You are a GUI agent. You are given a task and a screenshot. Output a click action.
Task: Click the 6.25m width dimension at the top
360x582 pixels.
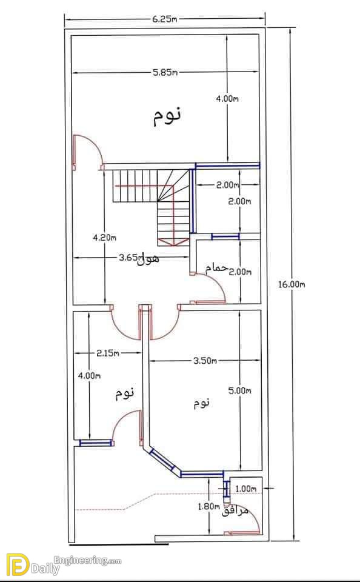[164, 19]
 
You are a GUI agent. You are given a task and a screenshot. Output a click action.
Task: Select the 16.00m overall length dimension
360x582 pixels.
[292, 285]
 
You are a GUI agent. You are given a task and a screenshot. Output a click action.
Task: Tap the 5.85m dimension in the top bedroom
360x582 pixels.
[165, 72]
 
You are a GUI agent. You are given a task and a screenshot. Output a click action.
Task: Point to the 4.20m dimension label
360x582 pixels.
[104, 238]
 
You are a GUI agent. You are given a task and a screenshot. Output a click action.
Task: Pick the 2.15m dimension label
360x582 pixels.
[108, 353]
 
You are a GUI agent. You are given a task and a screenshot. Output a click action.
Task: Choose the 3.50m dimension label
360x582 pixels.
[205, 360]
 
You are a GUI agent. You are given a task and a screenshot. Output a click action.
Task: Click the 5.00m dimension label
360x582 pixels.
[240, 390]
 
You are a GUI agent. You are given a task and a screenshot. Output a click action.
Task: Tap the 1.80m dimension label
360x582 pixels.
[209, 506]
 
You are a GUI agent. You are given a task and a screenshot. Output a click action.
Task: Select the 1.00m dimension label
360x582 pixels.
[246, 489]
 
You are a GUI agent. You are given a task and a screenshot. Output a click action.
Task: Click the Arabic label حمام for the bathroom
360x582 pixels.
[216, 268]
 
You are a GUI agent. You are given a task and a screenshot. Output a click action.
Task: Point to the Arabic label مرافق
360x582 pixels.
[235, 511]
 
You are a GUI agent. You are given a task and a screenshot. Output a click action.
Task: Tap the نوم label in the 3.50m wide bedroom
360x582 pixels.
[202, 403]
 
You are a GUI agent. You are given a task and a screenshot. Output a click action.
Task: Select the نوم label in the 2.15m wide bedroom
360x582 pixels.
[124, 393]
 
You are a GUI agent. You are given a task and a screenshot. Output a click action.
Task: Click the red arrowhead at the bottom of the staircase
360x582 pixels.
[173, 242]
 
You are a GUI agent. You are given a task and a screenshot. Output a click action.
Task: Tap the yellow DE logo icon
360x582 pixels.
[18, 564]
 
